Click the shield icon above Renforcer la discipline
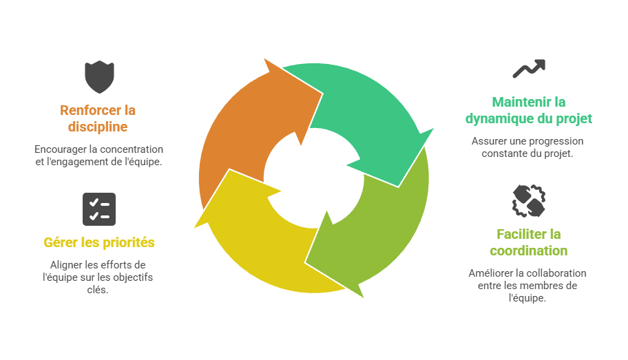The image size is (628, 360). pyautogui.click(x=99, y=76)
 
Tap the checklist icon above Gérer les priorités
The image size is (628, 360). pyautogui.click(x=99, y=209)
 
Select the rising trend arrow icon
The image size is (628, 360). pyautogui.click(x=528, y=69)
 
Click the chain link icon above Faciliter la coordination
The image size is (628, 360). pyautogui.click(x=528, y=201)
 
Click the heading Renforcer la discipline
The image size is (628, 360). pyautogui.click(x=98, y=118)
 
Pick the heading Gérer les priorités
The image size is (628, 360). pyautogui.click(x=99, y=242)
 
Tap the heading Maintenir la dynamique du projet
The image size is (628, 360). pyautogui.click(x=528, y=110)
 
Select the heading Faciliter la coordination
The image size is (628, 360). pyautogui.click(x=528, y=242)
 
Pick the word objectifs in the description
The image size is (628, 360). pyautogui.click(x=134, y=277)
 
